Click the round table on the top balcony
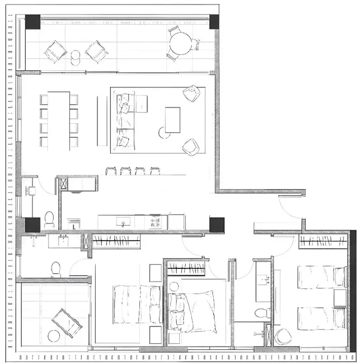tap(180, 44)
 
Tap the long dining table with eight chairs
tap(59, 120)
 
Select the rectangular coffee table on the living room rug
tap(172, 120)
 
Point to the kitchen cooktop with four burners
tap(156, 222)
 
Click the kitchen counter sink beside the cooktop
tap(124, 222)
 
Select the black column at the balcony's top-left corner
tap(32, 22)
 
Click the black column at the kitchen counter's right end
tap(217, 225)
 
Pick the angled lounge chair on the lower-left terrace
tap(67, 323)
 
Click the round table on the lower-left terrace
tap(54, 336)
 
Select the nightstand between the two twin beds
tap(339, 298)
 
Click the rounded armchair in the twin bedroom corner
tap(283, 337)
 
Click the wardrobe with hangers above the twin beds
tap(323, 241)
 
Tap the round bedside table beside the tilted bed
tap(174, 287)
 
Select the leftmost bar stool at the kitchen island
tap(111, 171)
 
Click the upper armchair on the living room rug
tap(191, 94)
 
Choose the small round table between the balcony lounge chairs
tap(76, 55)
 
